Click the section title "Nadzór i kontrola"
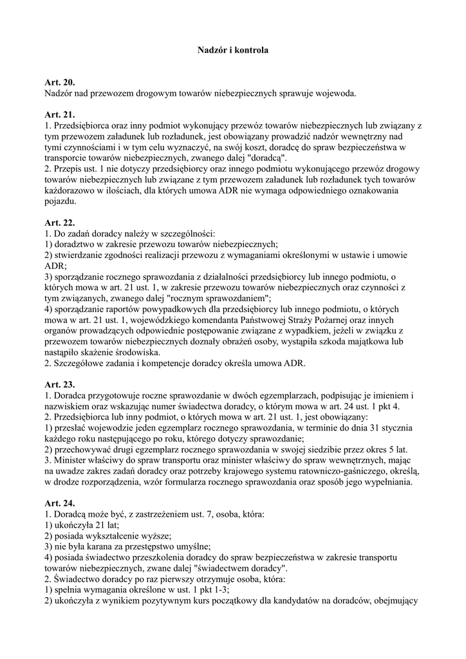(232, 49)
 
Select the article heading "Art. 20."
(60, 82)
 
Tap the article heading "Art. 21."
(60, 115)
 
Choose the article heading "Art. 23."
(60, 384)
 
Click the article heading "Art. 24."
(60, 504)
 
